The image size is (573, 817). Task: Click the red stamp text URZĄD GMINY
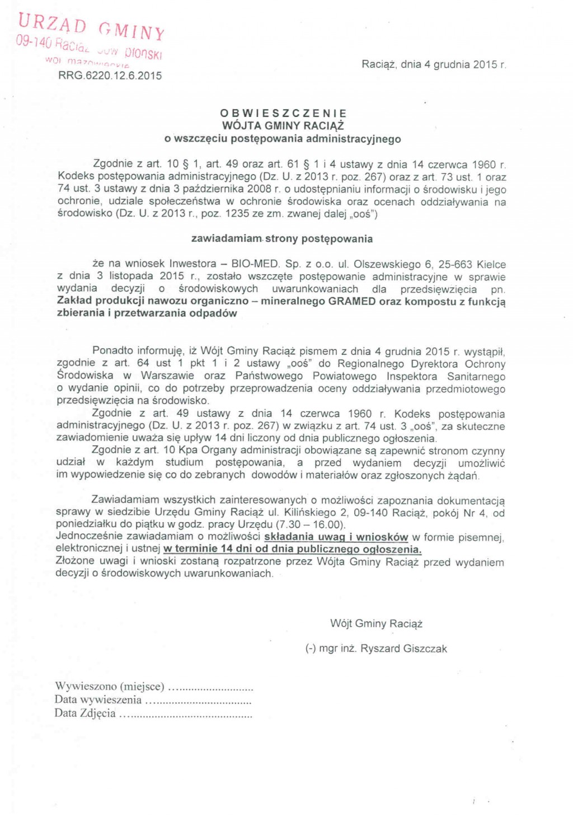pos(91,26)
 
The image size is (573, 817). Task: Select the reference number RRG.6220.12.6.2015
pos(110,76)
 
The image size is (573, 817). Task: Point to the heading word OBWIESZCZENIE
pos(284,114)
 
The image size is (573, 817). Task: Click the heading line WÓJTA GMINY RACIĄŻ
pos(283,126)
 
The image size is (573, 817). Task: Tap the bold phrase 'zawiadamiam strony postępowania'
pos(282,239)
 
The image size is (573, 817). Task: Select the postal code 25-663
pos(455,264)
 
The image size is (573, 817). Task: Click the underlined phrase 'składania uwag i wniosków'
pos(336,537)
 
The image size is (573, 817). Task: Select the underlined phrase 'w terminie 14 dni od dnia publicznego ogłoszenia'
pos(292,550)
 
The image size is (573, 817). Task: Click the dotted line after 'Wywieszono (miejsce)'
pos(211,688)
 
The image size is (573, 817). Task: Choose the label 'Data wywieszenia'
pos(98,699)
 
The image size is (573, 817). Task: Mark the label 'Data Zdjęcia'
pos(85,713)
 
